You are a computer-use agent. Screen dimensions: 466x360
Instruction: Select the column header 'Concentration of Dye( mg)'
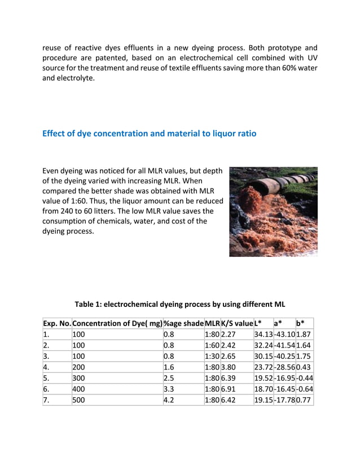click(117, 323)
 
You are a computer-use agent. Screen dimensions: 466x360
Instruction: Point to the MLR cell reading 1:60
click(212, 345)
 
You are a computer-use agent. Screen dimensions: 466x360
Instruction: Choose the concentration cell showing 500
click(80, 400)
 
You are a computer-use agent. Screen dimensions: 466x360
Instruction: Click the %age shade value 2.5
click(169, 378)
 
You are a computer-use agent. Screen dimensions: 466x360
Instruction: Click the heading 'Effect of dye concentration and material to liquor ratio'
click(149, 134)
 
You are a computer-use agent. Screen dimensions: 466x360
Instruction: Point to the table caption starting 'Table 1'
click(180, 304)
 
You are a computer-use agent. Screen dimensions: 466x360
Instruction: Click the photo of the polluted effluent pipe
click(273, 212)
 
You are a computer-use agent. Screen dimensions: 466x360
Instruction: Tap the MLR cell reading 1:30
click(212, 356)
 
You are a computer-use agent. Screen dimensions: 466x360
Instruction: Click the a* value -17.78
click(284, 400)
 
